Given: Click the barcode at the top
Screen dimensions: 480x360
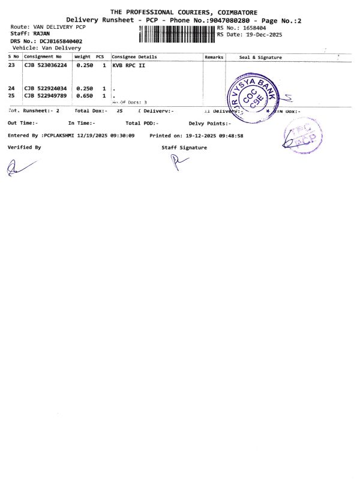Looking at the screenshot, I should (x=176, y=34).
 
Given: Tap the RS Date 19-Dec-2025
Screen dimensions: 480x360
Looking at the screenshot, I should (x=260, y=34).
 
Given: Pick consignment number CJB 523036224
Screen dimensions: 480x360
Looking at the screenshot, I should (x=45, y=65).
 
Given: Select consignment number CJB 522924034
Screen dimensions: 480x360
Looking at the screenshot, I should (x=45, y=88).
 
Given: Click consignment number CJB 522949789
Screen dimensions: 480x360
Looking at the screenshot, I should (x=45, y=95).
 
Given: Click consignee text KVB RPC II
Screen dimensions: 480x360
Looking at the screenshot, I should (x=128, y=65).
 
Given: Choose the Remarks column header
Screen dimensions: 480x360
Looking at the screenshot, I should (x=214, y=57).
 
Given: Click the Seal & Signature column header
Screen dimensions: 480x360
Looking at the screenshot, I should (x=260, y=57).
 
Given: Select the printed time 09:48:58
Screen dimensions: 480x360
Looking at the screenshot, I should (x=232, y=136).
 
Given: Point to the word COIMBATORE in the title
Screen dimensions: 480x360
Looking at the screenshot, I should (x=230, y=12).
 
